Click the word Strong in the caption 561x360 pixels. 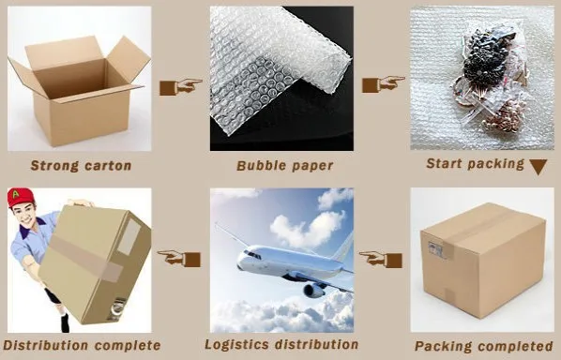click(x=54, y=166)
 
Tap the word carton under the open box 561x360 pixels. click(x=108, y=166)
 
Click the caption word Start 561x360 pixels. click(x=444, y=163)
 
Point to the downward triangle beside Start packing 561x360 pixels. click(x=538, y=166)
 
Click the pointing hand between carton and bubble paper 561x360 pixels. click(x=181, y=87)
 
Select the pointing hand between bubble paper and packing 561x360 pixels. click(x=384, y=84)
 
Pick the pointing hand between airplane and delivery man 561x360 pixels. click(x=179, y=258)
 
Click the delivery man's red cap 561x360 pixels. click(x=20, y=197)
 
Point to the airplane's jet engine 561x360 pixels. click(x=313, y=291)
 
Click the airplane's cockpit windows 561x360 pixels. click(x=252, y=255)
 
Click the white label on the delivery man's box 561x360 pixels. click(x=129, y=237)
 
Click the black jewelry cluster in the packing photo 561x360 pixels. click(x=483, y=59)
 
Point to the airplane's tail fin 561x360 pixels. click(x=342, y=247)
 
